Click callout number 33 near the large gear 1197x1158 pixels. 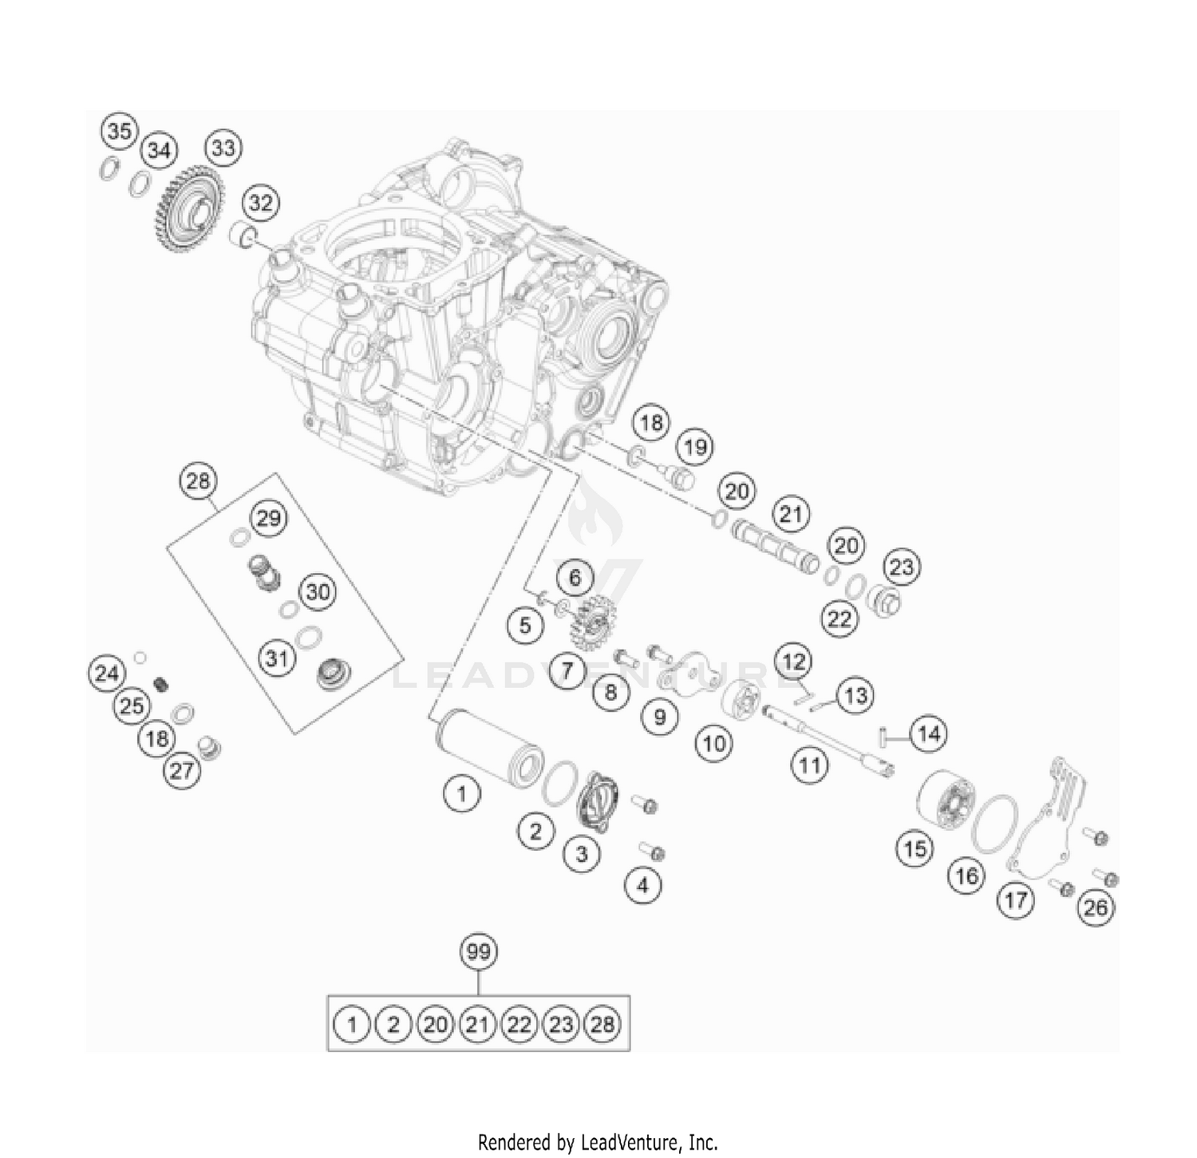click(223, 148)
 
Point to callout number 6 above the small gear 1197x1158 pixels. click(575, 577)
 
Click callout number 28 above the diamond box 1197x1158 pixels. click(198, 480)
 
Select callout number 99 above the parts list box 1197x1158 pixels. click(478, 951)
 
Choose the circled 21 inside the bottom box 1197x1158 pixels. click(477, 1024)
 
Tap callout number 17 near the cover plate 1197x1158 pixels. click(1015, 901)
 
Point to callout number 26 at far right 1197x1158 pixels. click(1096, 907)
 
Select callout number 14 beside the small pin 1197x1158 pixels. click(929, 733)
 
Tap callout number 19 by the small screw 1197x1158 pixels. click(695, 447)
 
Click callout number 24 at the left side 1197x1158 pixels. click(106, 674)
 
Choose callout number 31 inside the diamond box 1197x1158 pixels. click(276, 658)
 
